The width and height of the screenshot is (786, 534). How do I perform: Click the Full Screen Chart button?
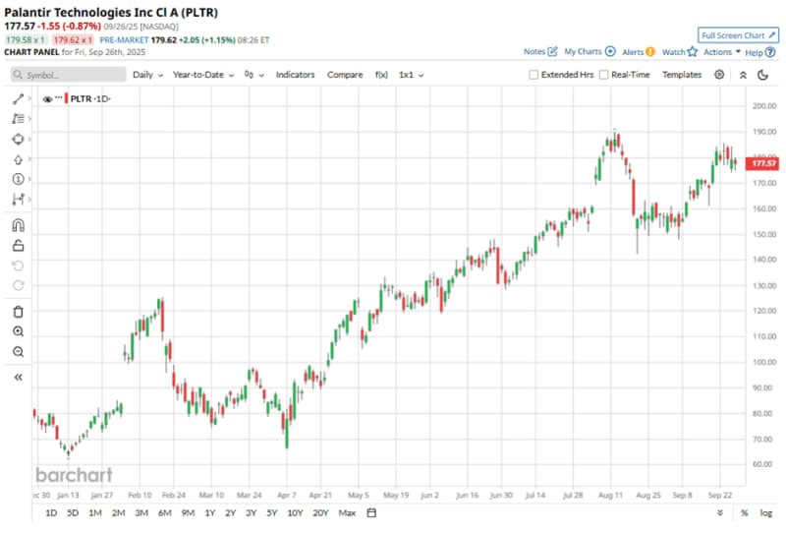[738, 34]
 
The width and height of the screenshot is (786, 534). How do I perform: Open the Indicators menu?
[295, 75]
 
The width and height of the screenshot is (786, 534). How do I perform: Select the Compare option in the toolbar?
[345, 75]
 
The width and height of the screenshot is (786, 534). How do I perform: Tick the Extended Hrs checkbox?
[533, 75]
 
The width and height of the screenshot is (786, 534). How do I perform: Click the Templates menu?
[682, 75]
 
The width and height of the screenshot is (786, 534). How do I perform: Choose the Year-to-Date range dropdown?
[202, 75]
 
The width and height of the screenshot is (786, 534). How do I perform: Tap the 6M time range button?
[164, 512]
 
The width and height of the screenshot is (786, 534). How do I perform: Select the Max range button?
[347, 512]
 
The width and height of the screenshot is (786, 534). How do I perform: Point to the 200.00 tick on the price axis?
[764, 106]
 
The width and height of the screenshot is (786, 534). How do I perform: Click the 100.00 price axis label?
[764, 362]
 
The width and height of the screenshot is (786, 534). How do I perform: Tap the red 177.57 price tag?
[764, 162]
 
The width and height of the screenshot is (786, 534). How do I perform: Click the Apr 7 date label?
[287, 495]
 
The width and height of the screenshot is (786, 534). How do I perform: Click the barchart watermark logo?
[75, 475]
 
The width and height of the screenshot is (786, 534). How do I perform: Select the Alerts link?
[633, 51]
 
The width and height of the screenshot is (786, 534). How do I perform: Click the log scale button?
[766, 512]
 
